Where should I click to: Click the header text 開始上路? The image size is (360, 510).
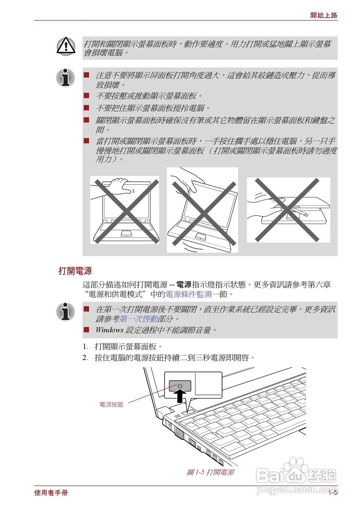point(324,16)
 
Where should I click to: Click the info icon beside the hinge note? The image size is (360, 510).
point(65,77)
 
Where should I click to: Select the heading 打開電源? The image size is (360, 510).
point(75,271)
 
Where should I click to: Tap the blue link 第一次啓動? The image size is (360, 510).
point(139,319)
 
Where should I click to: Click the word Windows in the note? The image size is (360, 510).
point(109,330)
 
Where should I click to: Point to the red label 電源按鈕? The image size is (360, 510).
point(111,404)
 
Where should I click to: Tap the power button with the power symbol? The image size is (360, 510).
point(180,386)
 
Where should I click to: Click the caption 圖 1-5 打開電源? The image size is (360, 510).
point(210,472)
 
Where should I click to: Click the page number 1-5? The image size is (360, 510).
point(333,493)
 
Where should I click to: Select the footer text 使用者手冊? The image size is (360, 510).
point(51,493)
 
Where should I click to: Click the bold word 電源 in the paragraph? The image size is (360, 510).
point(184,285)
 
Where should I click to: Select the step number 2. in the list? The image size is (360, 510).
point(85,357)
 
